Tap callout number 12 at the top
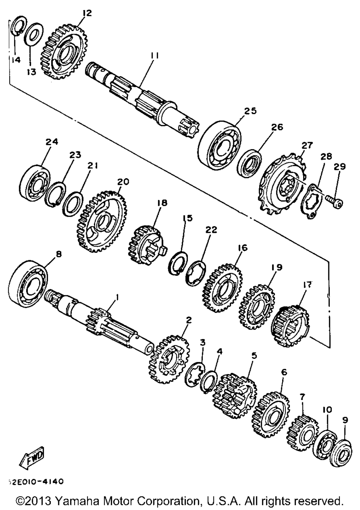coord(87,13)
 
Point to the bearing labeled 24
coord(35,184)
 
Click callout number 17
coord(308,284)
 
